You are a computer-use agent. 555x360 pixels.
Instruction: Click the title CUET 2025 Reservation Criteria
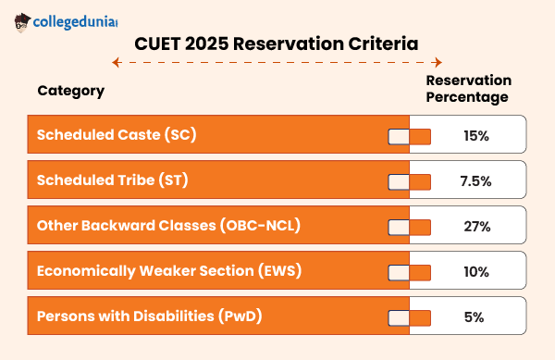click(x=277, y=43)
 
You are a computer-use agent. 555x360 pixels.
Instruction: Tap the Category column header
click(x=70, y=91)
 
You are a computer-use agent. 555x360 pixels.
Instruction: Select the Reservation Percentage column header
click(x=467, y=89)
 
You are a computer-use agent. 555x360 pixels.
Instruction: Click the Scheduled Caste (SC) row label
click(x=117, y=135)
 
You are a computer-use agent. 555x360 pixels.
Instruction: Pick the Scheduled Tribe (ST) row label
click(x=112, y=180)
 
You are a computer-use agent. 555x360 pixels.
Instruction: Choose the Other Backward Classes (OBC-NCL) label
click(x=168, y=226)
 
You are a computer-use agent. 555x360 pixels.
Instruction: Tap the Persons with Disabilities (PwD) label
click(x=149, y=317)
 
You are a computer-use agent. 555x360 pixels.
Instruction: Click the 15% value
click(x=475, y=136)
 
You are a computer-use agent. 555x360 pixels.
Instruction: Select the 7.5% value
click(x=475, y=181)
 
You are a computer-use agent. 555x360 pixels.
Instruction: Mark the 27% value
click(x=475, y=227)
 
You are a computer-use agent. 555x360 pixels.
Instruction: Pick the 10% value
click(x=475, y=272)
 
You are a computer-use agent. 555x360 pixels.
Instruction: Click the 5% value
click(x=475, y=317)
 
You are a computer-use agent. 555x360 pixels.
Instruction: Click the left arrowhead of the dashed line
click(x=115, y=63)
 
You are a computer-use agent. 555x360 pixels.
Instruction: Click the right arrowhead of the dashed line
click(x=439, y=63)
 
